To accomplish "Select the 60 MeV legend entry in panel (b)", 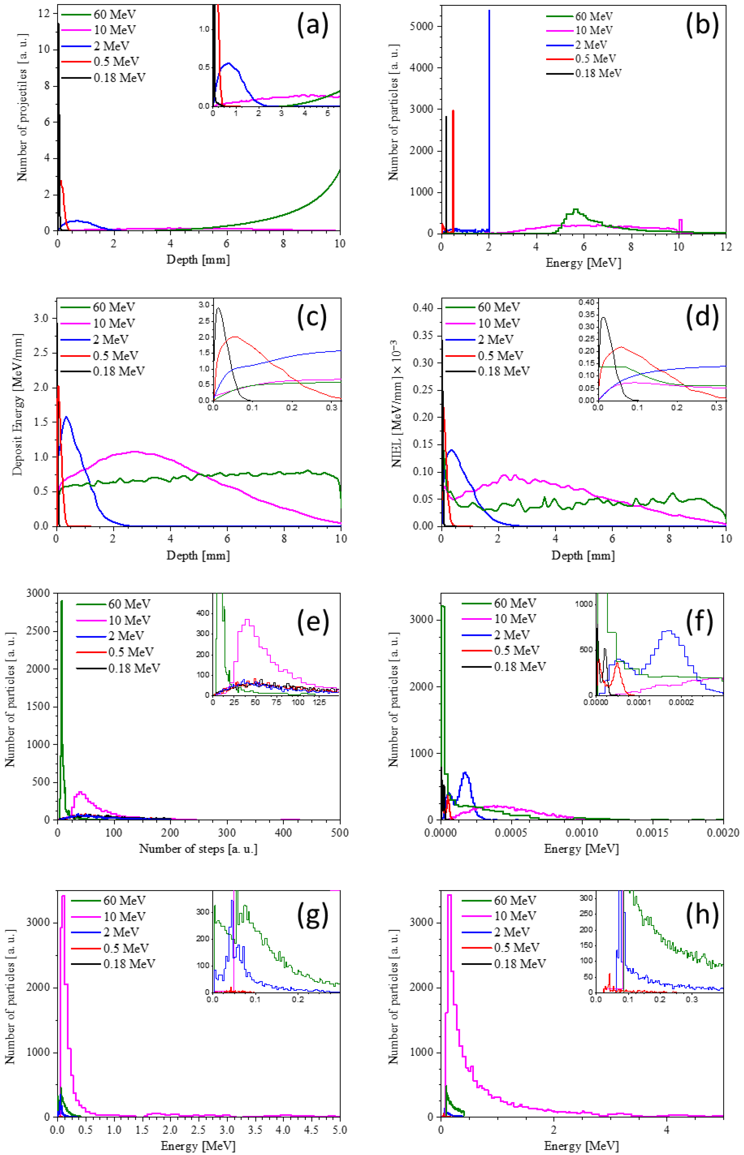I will [593, 16].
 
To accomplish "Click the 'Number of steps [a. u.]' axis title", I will [198, 848].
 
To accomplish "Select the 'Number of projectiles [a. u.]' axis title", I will [22, 107].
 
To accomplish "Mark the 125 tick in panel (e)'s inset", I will [319, 702].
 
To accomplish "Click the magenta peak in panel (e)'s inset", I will [248, 620].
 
